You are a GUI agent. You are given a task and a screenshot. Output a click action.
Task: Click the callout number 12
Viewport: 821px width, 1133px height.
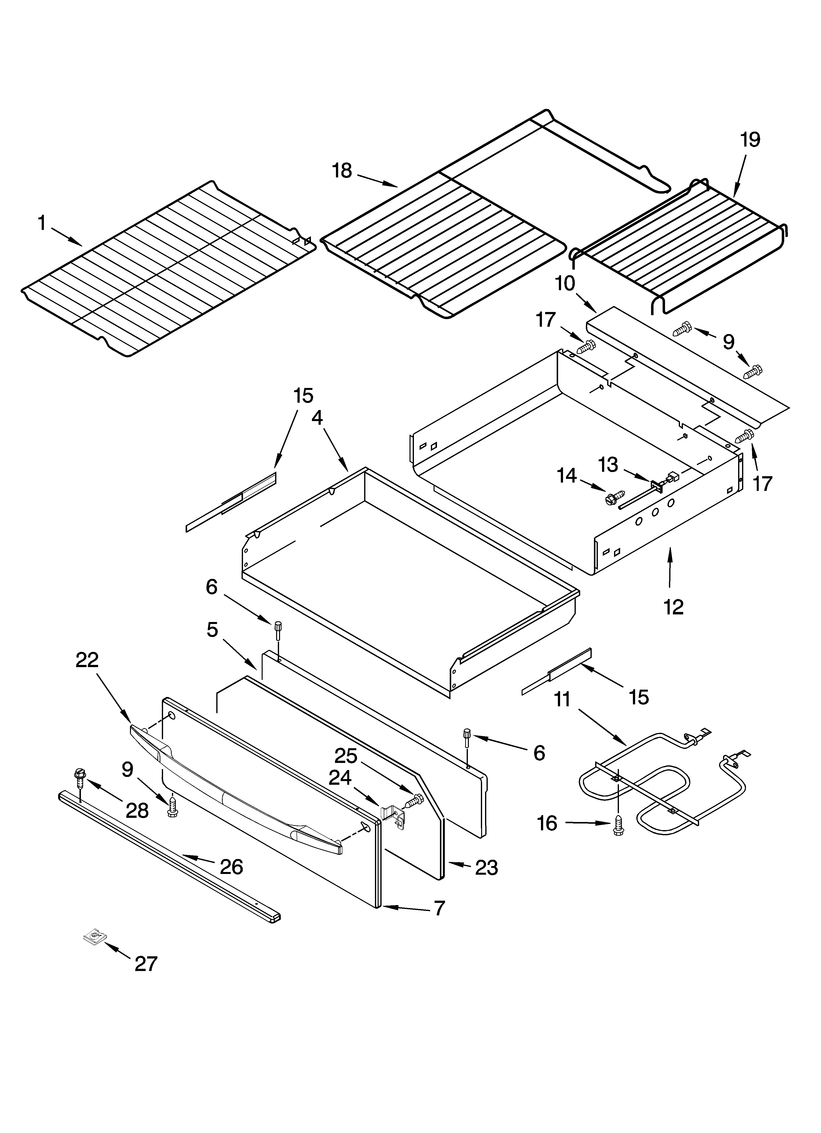[x=674, y=607]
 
